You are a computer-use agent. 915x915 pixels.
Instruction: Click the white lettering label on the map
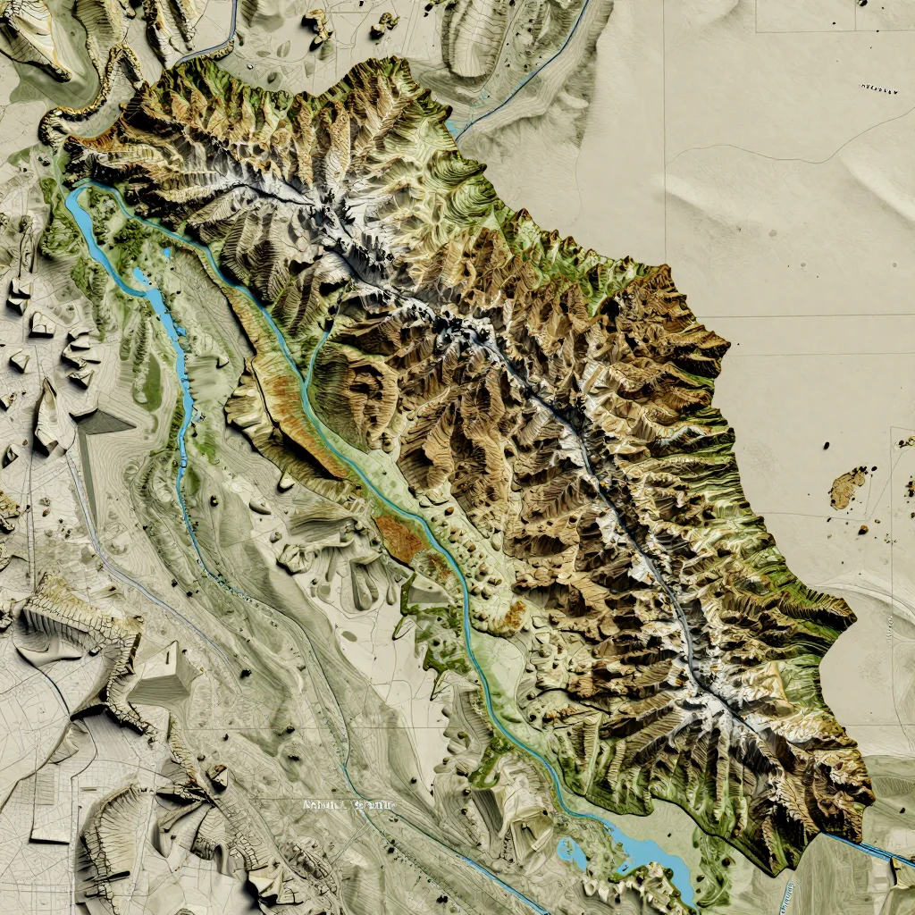coord(348,804)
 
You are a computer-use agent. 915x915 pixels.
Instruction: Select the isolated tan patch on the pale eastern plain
coord(846,488)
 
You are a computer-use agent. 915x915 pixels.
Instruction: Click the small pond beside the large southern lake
coord(570,852)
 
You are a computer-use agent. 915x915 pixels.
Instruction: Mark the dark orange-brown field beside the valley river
coord(401,536)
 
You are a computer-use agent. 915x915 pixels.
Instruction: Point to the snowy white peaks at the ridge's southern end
coord(715,706)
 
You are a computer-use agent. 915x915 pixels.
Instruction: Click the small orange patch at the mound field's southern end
coord(514,615)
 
